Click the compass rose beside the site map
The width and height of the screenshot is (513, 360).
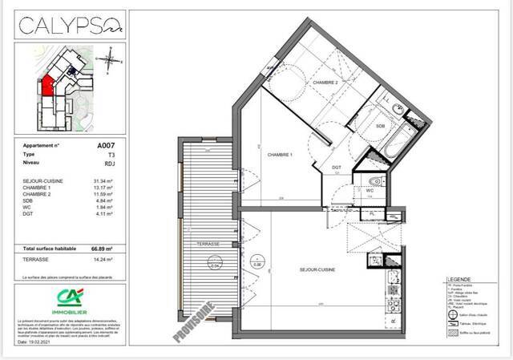[113, 59]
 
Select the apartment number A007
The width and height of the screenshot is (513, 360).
[106, 146]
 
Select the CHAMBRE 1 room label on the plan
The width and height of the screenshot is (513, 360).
[279, 154]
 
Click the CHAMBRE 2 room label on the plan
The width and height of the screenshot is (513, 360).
[325, 83]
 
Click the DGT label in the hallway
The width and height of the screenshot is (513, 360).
[337, 167]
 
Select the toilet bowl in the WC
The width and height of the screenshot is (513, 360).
[375, 181]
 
